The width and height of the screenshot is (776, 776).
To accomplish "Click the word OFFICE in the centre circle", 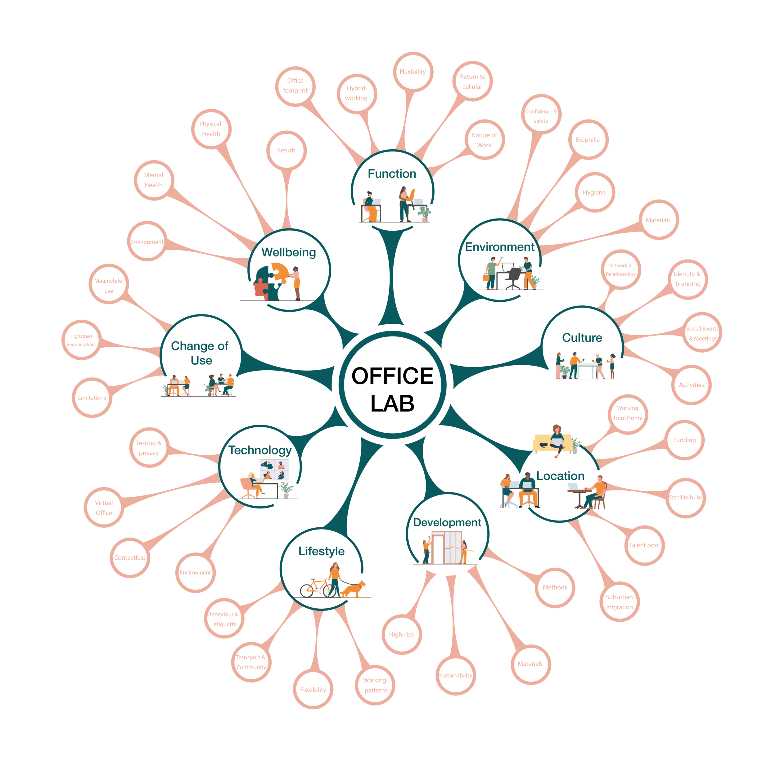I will (392, 376).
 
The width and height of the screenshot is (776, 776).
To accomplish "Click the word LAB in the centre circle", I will (392, 404).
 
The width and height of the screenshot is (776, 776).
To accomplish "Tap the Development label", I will (447, 522).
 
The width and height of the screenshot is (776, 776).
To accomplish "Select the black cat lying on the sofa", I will (544, 444).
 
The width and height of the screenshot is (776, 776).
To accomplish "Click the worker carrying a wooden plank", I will (463, 551).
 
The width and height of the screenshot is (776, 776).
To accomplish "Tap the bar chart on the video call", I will (265, 465).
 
